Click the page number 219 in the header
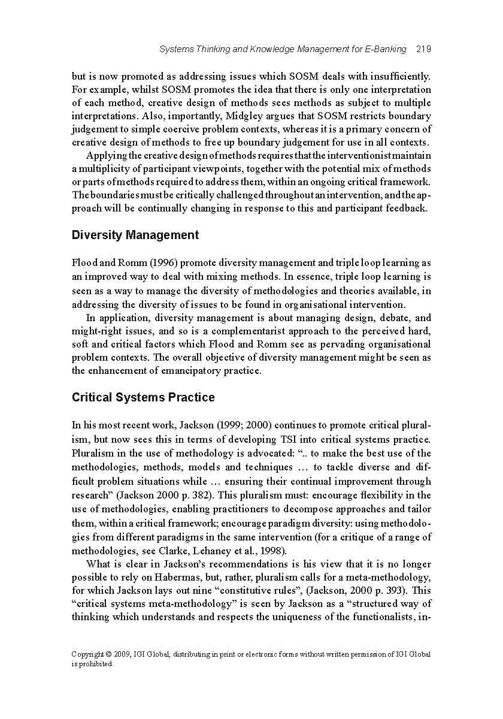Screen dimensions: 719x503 423,49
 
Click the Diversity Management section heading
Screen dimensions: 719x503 135,235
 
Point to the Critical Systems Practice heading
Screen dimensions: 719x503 143,397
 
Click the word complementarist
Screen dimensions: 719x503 274,331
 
